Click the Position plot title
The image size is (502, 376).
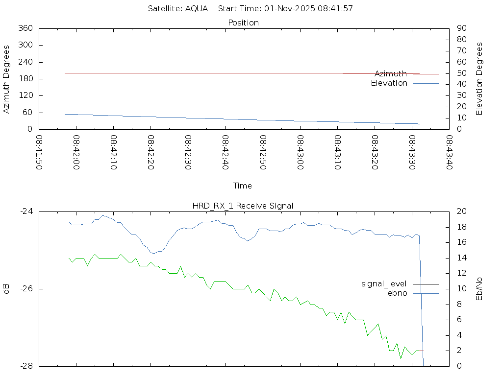pyautogui.click(x=244, y=23)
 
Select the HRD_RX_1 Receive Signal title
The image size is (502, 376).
pyautogui.click(x=243, y=206)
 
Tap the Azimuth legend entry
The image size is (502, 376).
pyautogui.click(x=391, y=73)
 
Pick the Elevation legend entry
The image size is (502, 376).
pyautogui.click(x=389, y=83)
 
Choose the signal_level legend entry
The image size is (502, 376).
pyautogui.click(x=384, y=283)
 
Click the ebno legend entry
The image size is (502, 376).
pyautogui.click(x=397, y=293)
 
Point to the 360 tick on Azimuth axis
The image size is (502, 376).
pyautogui.click(x=25, y=28)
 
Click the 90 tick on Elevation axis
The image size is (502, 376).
pyautogui.click(x=461, y=28)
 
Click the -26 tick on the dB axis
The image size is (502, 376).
pyautogui.click(x=25, y=289)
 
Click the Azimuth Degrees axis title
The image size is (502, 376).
pyautogui.click(x=7, y=79)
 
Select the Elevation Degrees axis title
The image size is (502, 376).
pyautogui.click(x=479, y=79)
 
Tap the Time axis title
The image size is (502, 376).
pyautogui.click(x=243, y=186)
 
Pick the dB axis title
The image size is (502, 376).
pyautogui.click(x=7, y=288)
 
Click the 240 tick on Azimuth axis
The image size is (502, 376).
pyautogui.click(x=25, y=62)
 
